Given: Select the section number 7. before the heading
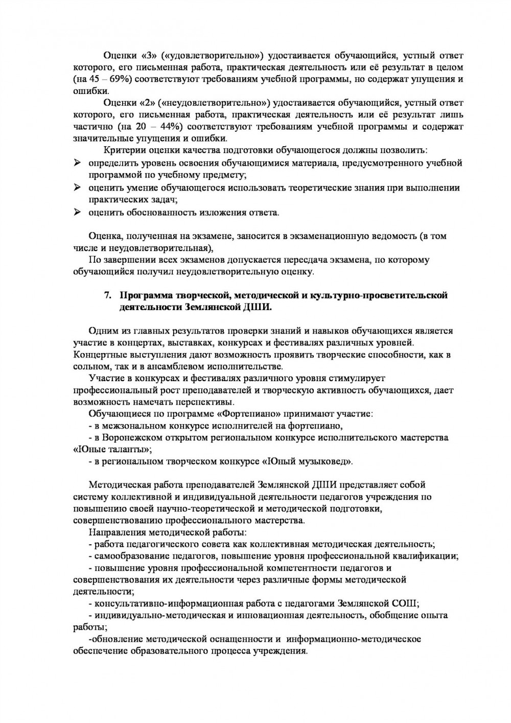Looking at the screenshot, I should pos(107,295).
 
